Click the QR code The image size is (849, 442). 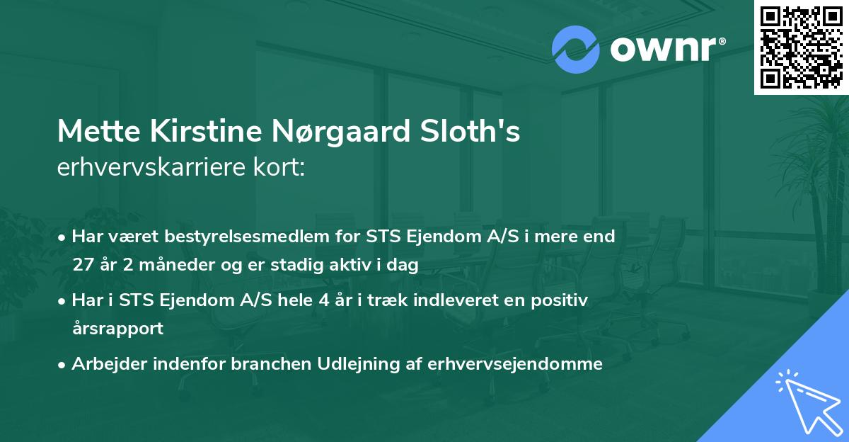802,47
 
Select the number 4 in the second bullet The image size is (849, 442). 324,300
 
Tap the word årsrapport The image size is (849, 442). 117,329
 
